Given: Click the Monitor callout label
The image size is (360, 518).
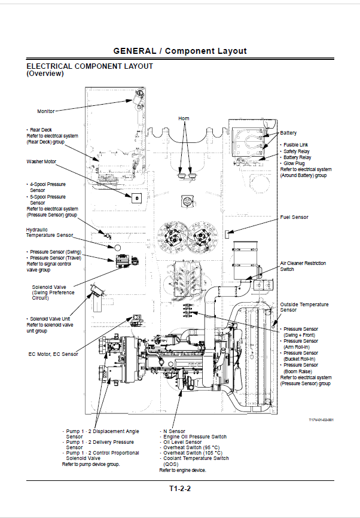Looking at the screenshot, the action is click(45, 111).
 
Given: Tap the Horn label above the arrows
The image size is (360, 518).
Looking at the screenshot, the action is click(184, 118).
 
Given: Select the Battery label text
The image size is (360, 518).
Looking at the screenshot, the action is click(288, 133).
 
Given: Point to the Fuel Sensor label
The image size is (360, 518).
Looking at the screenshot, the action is click(294, 217).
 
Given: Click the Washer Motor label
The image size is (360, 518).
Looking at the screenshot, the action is click(41, 162).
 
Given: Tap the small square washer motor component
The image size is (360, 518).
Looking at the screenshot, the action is click(136, 198).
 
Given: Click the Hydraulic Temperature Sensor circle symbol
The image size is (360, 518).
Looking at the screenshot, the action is click(117, 248).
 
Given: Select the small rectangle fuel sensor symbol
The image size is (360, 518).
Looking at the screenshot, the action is click(227, 234).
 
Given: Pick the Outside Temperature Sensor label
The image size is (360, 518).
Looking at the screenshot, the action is click(304, 307).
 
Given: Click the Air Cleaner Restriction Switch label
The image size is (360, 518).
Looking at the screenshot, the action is click(303, 266).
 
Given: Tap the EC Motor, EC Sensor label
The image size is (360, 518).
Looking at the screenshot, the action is click(53, 354).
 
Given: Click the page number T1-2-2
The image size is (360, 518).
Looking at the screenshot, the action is click(180, 489).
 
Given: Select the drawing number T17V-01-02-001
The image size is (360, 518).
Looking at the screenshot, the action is click(321, 420).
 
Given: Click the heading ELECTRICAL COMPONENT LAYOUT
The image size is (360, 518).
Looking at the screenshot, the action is click(90, 66).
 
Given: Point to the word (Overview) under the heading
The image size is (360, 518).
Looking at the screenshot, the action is click(45, 74).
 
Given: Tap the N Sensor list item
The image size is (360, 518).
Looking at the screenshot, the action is click(174, 431).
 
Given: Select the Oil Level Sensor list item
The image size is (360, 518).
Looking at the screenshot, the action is click(182, 442).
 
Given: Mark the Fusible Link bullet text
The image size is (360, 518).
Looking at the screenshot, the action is click(295, 145).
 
